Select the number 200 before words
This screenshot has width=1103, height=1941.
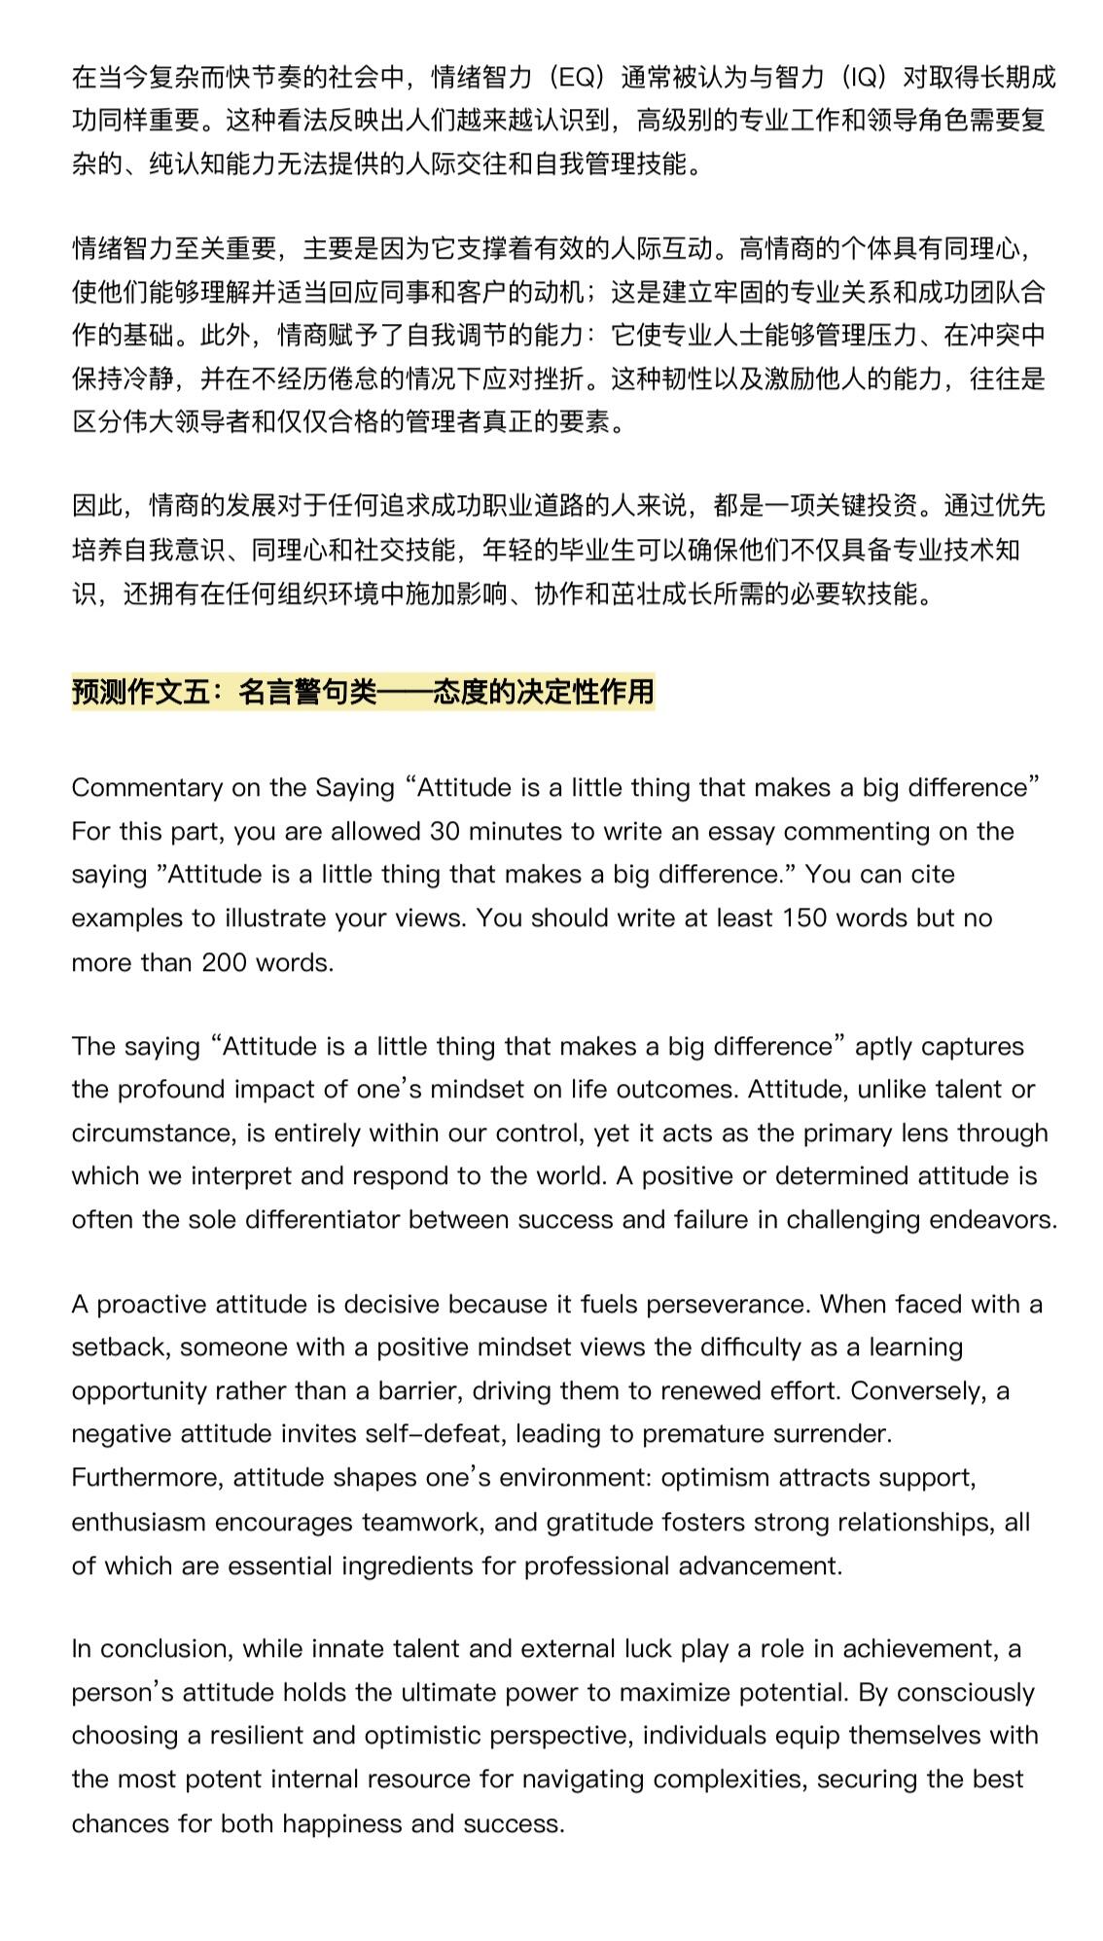(225, 962)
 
